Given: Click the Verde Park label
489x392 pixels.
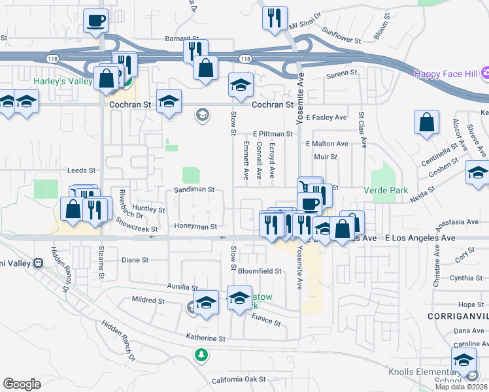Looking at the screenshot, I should [385, 191].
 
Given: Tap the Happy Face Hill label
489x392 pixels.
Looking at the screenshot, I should [446, 74].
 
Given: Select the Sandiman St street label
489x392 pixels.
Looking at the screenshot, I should [194, 189].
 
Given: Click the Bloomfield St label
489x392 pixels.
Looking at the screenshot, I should [260, 270].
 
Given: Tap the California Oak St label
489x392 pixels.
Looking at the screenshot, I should [239, 379].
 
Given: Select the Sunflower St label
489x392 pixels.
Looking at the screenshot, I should [343, 40].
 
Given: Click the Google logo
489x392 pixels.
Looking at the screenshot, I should [22, 384].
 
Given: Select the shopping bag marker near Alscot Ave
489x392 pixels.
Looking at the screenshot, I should [426, 122].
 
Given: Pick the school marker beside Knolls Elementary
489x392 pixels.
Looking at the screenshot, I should [464, 359].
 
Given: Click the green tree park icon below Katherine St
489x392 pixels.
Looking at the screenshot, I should [202, 355].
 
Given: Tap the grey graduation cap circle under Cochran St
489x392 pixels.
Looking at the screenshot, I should [202, 116].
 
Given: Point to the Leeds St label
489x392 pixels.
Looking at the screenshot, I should [81, 171].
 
